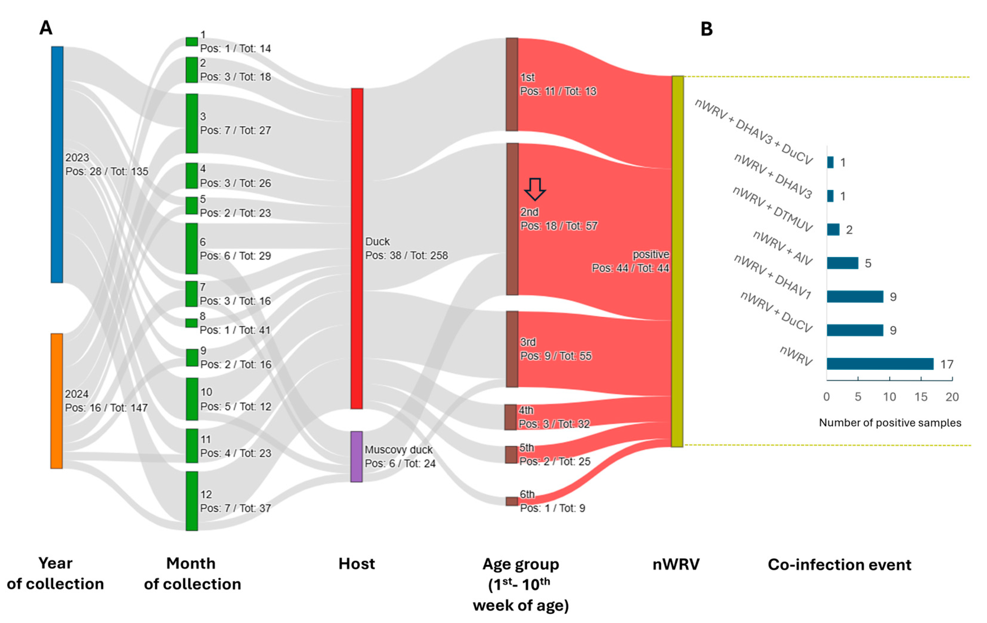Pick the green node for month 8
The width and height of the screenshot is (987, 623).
[191, 323]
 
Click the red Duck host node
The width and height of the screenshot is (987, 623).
[357, 248]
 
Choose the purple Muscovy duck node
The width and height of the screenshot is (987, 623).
[357, 456]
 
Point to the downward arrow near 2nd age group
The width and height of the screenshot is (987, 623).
[535, 189]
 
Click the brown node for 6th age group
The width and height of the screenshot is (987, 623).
[512, 501]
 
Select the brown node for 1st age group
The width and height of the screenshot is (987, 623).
[512, 84]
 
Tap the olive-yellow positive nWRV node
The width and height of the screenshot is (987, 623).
[677, 261]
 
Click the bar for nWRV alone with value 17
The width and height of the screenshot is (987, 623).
[880, 364]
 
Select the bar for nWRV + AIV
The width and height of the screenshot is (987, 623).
[842, 263]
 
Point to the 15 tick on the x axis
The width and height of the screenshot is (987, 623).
[921, 397]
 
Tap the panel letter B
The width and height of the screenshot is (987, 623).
[706, 29]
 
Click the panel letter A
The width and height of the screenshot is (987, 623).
[46, 28]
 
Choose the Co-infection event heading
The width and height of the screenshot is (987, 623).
[839, 564]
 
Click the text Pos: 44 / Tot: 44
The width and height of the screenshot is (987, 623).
[630, 268]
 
